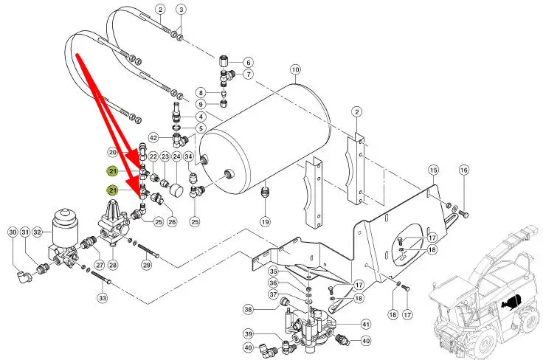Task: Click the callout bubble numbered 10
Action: tap(295, 71)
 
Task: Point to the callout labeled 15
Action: tap(433, 170)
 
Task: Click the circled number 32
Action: tap(38, 232)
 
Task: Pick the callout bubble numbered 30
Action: tap(12, 232)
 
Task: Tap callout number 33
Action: tap(103, 298)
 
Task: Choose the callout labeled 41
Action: tap(365, 324)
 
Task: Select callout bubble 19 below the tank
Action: tap(265, 221)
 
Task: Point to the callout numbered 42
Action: tap(153, 138)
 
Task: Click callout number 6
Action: tap(248, 62)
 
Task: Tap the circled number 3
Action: tap(181, 9)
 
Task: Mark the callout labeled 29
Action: tap(146, 264)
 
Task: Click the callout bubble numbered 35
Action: tap(274, 271)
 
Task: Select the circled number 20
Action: tap(113, 153)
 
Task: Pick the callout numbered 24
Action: tap(177, 157)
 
